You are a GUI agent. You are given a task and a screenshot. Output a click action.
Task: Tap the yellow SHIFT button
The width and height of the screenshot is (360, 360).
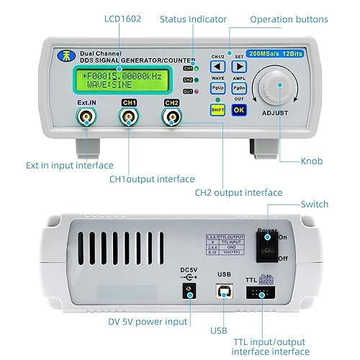tap(217, 109)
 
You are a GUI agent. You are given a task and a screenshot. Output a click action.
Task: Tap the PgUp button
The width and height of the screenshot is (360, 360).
tap(217, 88)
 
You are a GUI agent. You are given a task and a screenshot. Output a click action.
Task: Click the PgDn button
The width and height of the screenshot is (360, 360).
tap(239, 88)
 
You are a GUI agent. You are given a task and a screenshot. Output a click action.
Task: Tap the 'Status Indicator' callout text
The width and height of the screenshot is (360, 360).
tap(193, 19)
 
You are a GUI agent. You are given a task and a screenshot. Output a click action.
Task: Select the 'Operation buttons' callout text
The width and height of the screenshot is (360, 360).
tap(298, 19)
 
